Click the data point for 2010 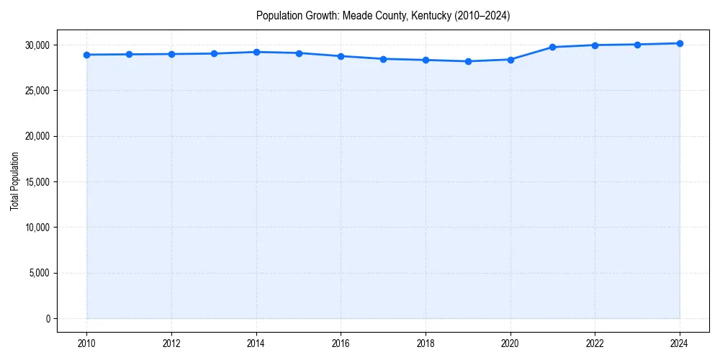(87, 55)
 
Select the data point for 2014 (256, 52)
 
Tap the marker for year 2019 (468, 61)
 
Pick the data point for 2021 (553, 47)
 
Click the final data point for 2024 (680, 43)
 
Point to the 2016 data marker (341, 56)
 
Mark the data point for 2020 (510, 60)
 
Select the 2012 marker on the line (171, 54)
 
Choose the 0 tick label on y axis (48, 319)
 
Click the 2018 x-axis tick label (426, 343)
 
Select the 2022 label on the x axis (595, 343)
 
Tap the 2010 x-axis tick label (87, 343)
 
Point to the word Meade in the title (355, 16)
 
